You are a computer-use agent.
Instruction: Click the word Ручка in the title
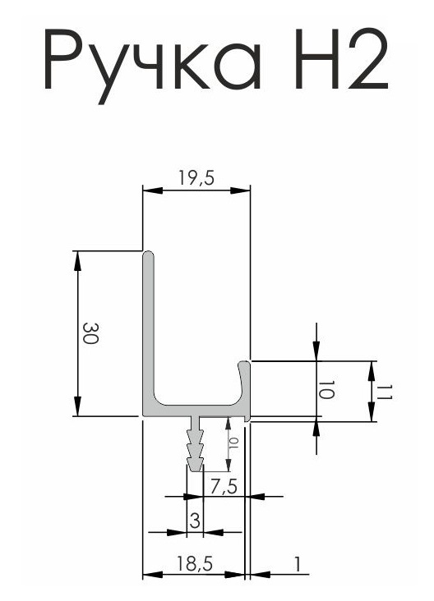pyautogui.click(x=154, y=65)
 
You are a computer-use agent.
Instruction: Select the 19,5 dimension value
pyautogui.click(x=196, y=178)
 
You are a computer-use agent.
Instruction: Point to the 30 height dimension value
pyautogui.click(x=91, y=333)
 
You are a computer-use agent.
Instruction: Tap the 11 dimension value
pyautogui.click(x=383, y=392)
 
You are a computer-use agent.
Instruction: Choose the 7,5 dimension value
pyautogui.click(x=224, y=487)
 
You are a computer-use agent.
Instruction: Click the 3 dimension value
pyautogui.click(x=195, y=521)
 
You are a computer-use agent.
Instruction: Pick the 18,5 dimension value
pyautogui.click(x=194, y=564)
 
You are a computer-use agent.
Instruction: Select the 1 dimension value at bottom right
pyautogui.click(x=297, y=564)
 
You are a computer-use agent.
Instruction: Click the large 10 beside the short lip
pyautogui.click(x=326, y=389)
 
